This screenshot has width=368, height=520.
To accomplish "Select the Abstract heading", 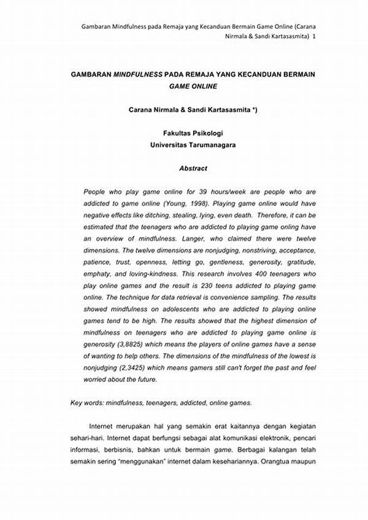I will pyautogui.click(x=193, y=168).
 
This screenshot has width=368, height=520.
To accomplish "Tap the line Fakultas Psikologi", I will pyautogui.click(x=193, y=133).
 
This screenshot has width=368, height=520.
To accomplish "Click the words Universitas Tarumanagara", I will pyautogui.click(x=193, y=145).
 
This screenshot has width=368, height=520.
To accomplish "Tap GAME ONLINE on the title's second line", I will pyautogui.click(x=193, y=86).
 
